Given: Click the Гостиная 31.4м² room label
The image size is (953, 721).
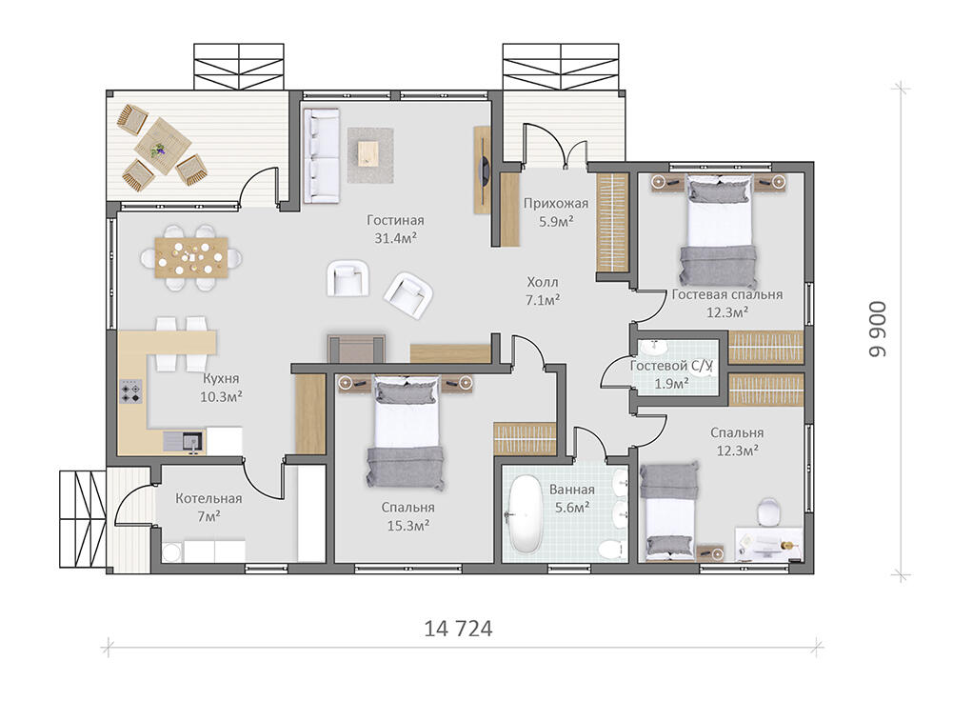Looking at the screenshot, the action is click(395, 230).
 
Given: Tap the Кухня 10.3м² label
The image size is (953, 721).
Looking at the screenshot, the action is click(221, 388).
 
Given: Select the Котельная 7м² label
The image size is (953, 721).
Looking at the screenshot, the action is click(208, 507).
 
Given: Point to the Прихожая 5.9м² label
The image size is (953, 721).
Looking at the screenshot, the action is click(556, 212).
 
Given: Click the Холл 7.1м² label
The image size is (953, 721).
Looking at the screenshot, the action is click(543, 290).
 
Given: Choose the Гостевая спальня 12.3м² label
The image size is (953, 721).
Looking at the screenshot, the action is click(727, 303).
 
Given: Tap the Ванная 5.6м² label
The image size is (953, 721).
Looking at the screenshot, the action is click(572, 498).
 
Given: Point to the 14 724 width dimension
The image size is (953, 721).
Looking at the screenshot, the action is click(458, 629).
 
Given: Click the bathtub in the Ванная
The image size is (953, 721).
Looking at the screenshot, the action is click(524, 513).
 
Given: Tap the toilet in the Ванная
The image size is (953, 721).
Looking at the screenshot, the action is click(611, 549).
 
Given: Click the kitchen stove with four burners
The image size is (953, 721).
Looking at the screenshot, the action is click(131, 391).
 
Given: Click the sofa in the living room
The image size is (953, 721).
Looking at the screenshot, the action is click(321, 155).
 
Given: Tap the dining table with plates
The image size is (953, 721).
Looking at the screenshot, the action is click(191, 258).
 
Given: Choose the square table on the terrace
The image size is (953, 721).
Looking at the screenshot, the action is click(162, 146).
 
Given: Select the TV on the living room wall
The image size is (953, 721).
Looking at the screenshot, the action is click(484, 169).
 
